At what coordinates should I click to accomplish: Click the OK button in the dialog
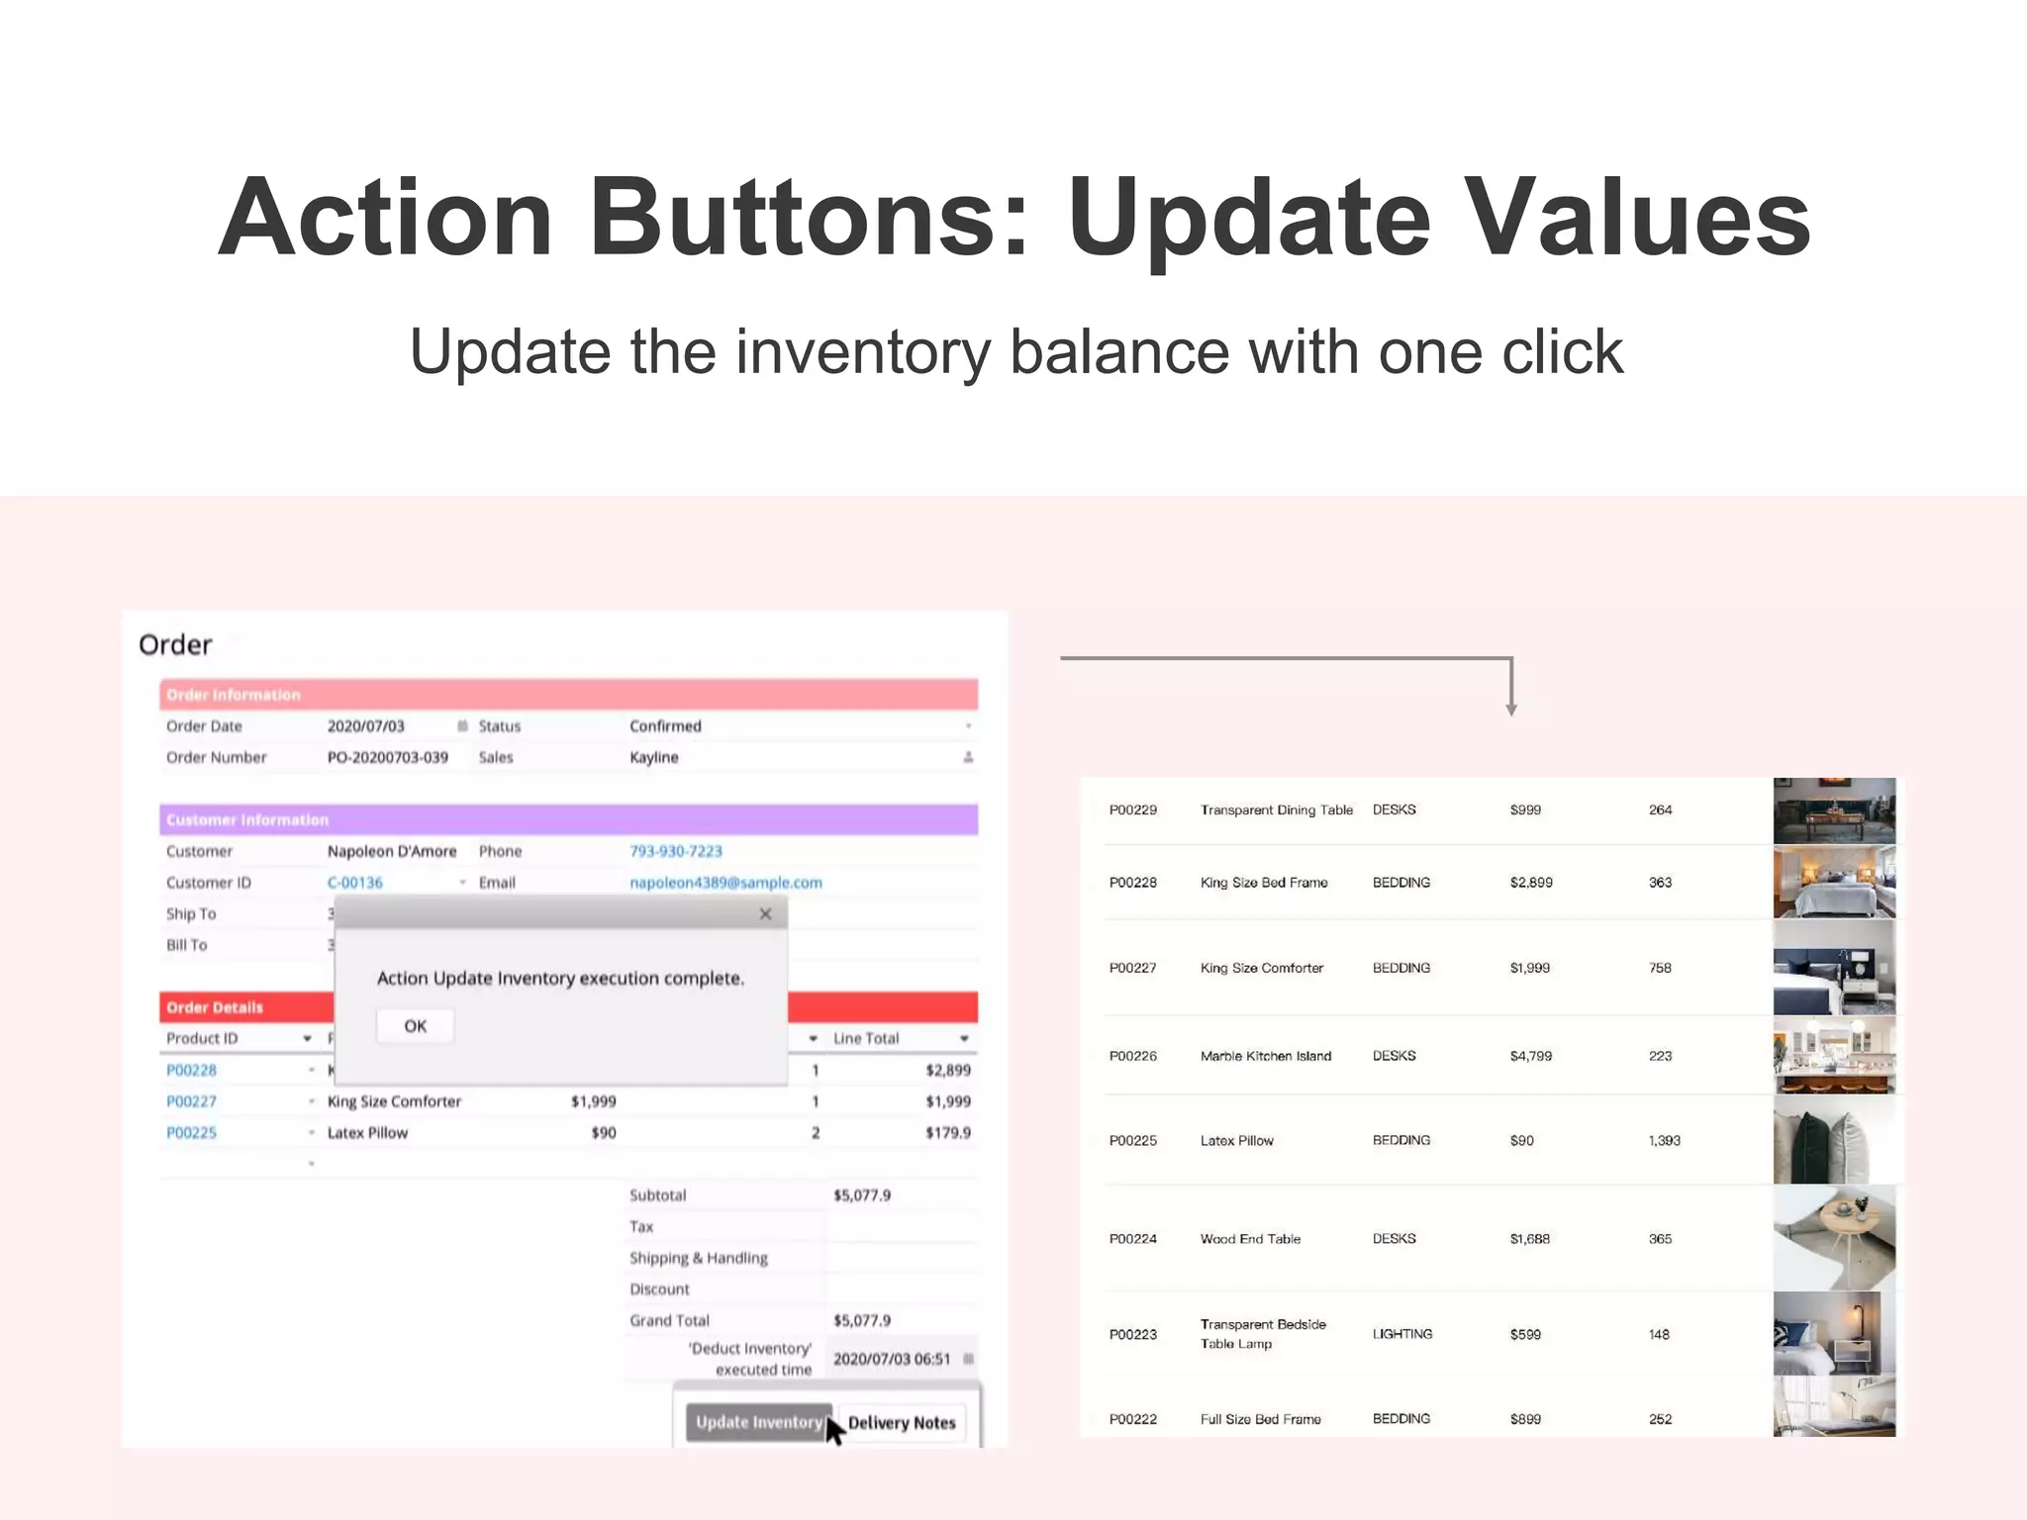[x=415, y=1026]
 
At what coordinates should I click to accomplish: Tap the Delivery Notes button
[x=901, y=1423]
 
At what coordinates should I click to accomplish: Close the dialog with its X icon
[x=765, y=914]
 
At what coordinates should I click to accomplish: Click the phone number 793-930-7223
[x=676, y=851]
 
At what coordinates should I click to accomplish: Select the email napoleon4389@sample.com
[x=725, y=883]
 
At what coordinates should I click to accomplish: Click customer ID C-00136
[x=354, y=883]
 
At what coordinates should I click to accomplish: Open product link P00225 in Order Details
[x=191, y=1133]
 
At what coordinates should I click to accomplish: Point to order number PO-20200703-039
[x=387, y=758]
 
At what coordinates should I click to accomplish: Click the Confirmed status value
[x=665, y=726]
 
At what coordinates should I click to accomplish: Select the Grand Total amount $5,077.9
[x=861, y=1321]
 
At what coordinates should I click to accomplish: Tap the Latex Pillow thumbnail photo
[x=1833, y=1141]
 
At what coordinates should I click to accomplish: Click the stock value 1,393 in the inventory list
[x=1664, y=1141]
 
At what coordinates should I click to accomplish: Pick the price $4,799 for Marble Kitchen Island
[x=1530, y=1057]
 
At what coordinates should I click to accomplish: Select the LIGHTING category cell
[x=1401, y=1334]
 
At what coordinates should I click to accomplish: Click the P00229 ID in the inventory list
[x=1132, y=810]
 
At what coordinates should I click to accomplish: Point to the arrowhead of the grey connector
[x=1511, y=709]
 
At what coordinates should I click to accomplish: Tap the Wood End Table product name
[x=1250, y=1239]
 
